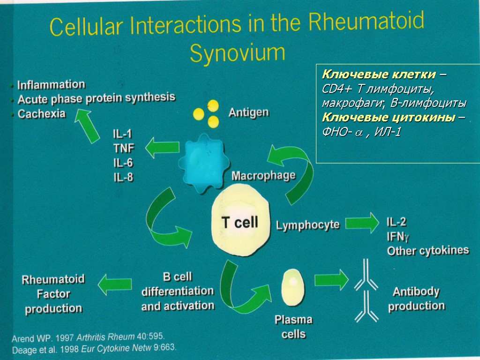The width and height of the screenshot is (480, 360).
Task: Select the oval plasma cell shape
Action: [x=293, y=287]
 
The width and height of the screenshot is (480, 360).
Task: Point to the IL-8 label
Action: [x=123, y=177]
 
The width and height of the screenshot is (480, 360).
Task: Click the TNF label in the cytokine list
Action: [x=124, y=148]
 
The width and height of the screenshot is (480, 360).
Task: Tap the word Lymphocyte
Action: [x=307, y=225]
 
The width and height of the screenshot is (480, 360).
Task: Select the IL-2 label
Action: [x=397, y=222]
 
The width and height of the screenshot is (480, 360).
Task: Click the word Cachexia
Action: [x=41, y=114]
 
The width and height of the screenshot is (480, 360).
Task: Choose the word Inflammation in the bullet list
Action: [x=51, y=85]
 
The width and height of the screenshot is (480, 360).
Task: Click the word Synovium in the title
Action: [x=237, y=54]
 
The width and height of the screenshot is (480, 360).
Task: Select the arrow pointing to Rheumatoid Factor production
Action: [x=114, y=284]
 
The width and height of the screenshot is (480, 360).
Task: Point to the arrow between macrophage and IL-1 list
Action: [x=162, y=150]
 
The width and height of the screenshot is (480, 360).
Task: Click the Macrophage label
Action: [x=264, y=176]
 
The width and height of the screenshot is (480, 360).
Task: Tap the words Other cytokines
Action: [x=427, y=251]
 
